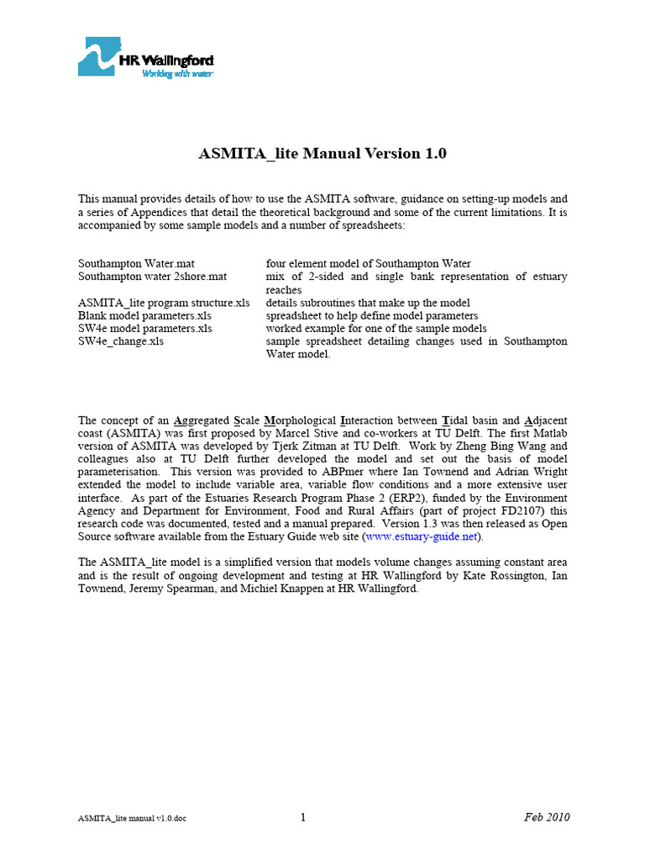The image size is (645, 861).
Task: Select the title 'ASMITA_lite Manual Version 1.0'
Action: [x=322, y=154]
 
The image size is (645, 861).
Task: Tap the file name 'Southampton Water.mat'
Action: [x=136, y=264]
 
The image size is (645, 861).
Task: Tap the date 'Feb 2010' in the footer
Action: [x=548, y=817]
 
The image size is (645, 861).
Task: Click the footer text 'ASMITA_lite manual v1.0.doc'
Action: [x=133, y=819]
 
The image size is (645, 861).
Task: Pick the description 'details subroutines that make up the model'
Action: [x=368, y=303]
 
